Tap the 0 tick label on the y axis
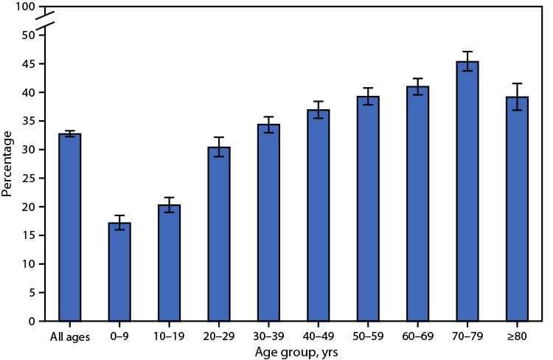pyautogui.click(x=31, y=322)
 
